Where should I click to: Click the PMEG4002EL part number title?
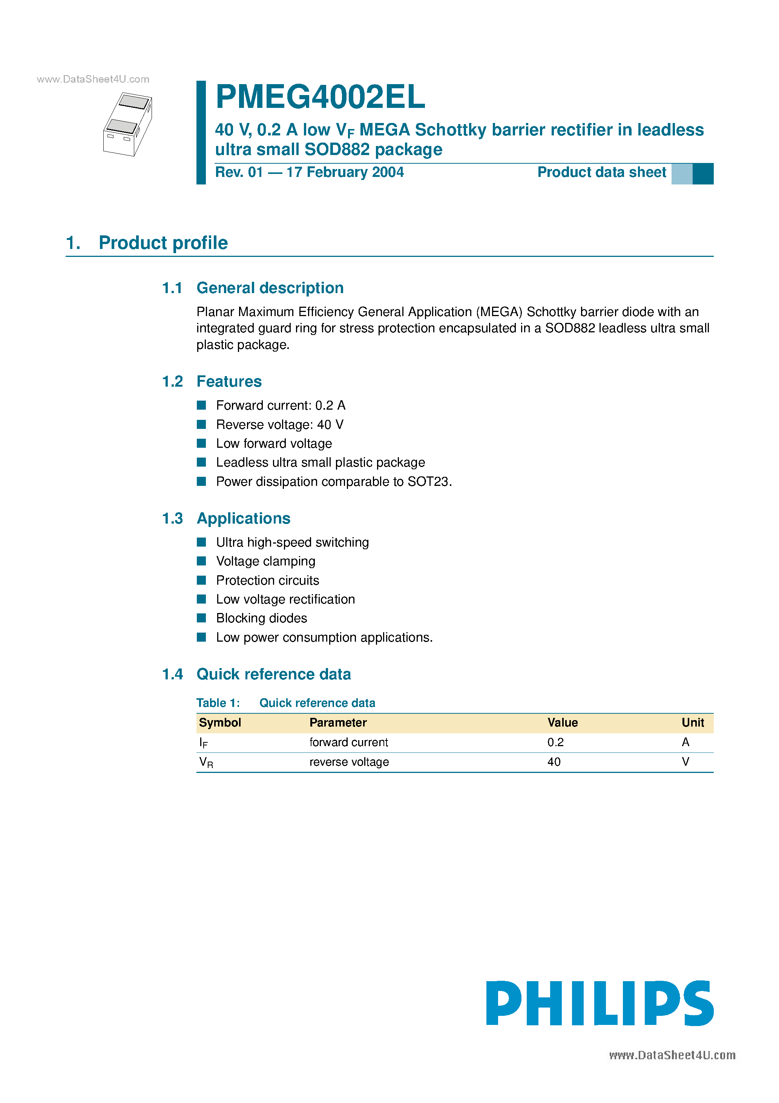pyautogui.click(x=320, y=97)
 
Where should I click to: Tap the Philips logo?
pyautogui.click(x=600, y=1003)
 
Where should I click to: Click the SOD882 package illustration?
pyautogui.click(x=128, y=124)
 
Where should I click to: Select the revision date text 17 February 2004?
pyautogui.click(x=345, y=172)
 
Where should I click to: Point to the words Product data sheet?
pyautogui.click(x=601, y=172)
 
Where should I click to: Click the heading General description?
pyautogui.click(x=270, y=288)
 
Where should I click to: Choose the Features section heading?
pyautogui.click(x=229, y=381)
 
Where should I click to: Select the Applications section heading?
pyautogui.click(x=244, y=518)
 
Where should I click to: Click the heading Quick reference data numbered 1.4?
pyautogui.click(x=274, y=674)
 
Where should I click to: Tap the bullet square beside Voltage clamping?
pyautogui.click(x=202, y=561)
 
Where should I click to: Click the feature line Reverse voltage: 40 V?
pyautogui.click(x=279, y=425)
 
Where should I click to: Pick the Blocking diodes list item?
pyautogui.click(x=261, y=618)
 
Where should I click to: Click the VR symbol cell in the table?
pyautogui.click(x=206, y=762)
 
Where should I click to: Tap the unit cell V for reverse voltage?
pyautogui.click(x=685, y=762)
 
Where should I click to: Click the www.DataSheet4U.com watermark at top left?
pyautogui.click(x=93, y=79)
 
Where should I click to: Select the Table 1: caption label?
pyautogui.click(x=218, y=703)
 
